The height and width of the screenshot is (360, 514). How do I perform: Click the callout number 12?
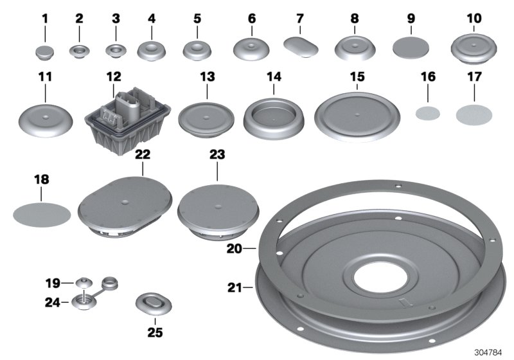click(114, 76)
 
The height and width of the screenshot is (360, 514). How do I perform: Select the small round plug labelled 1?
click(44, 50)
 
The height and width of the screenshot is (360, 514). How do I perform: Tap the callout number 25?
click(155, 333)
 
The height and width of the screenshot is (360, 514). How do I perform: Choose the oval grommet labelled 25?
click(154, 303)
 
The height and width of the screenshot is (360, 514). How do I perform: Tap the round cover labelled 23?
click(218, 209)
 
